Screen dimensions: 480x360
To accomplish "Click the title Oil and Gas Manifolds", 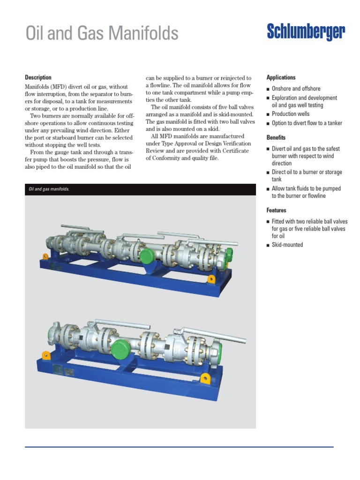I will [x=102, y=33].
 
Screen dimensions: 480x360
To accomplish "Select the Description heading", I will [x=38, y=77].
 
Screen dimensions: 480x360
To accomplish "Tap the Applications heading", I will [x=281, y=77].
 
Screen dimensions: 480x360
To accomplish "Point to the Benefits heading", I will [x=276, y=137].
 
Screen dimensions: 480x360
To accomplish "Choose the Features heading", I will [x=276, y=210].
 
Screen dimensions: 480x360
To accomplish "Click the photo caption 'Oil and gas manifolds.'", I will [x=49, y=189].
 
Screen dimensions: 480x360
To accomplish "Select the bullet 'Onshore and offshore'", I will [x=296, y=89].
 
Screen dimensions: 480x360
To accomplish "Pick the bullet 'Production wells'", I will [x=291, y=114].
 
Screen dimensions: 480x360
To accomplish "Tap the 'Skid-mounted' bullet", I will [x=287, y=245].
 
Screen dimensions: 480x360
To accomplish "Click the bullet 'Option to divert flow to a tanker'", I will [x=307, y=123].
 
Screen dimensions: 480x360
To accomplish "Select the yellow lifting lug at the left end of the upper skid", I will [x=45, y=256].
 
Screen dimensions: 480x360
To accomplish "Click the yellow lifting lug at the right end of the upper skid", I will [x=211, y=279].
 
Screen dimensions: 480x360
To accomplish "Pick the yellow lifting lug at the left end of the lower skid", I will [x=46, y=355].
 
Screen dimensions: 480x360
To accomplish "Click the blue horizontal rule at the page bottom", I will [x=179, y=447].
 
